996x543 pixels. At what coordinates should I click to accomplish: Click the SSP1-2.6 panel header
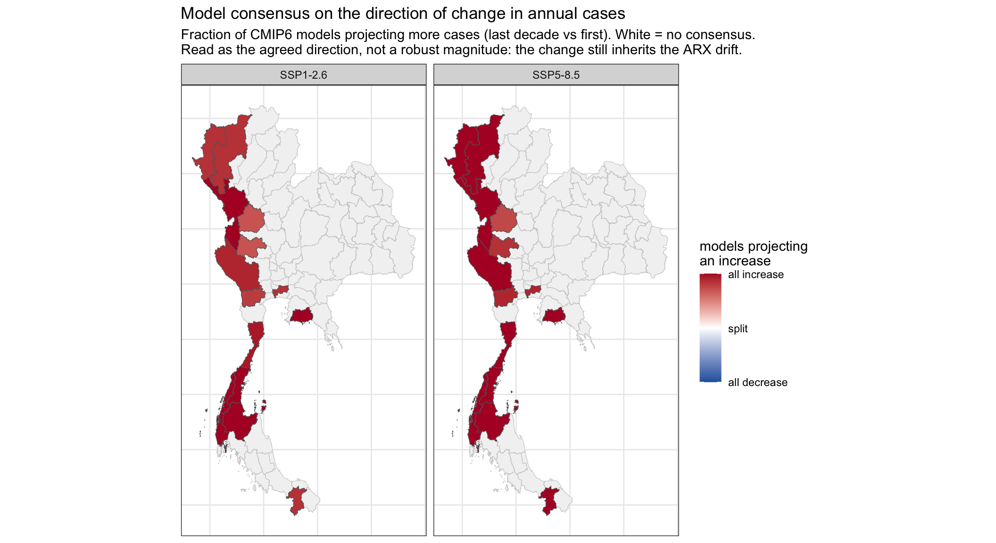(303, 75)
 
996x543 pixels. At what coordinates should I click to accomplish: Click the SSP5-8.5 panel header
(556, 75)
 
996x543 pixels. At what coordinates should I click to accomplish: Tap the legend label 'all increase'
(755, 275)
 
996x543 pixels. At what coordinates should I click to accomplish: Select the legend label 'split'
(738, 329)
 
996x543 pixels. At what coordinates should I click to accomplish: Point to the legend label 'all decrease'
(757, 382)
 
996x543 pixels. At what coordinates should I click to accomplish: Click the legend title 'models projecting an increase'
(754, 254)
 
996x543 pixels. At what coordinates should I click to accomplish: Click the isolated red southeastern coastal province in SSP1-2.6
(301, 315)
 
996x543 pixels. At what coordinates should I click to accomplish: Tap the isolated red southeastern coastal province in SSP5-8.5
(554, 315)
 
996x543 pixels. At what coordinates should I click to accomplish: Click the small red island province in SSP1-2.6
(264, 404)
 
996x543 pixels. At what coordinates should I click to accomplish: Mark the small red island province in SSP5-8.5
(516, 404)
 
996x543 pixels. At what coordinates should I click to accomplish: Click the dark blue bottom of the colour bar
(710, 378)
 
